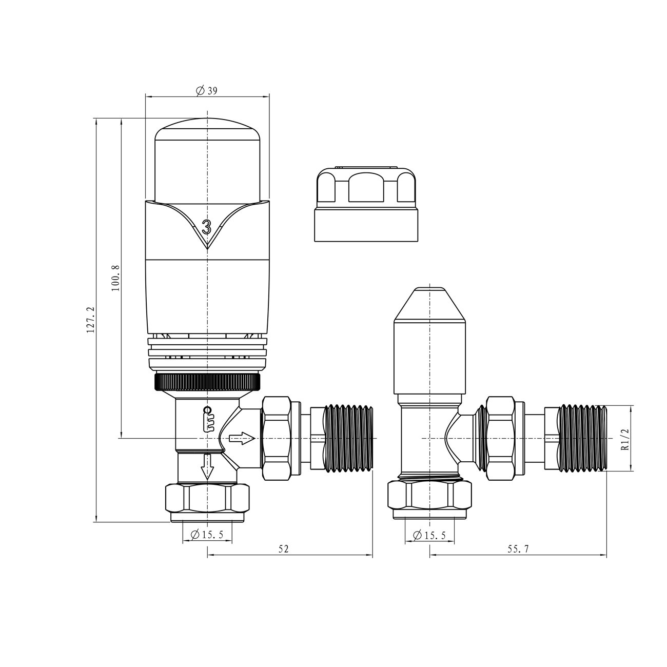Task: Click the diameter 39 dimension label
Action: point(207,91)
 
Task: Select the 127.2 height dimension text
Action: point(90,320)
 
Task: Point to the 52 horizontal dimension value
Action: point(284,549)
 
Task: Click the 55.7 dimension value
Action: point(518,549)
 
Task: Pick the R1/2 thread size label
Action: point(624,440)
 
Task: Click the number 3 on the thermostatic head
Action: point(207,226)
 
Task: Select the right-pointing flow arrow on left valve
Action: point(242,438)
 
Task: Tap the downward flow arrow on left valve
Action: point(207,466)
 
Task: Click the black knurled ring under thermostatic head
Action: point(206,382)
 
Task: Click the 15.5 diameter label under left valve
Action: point(207,535)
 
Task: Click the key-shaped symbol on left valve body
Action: point(207,419)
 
